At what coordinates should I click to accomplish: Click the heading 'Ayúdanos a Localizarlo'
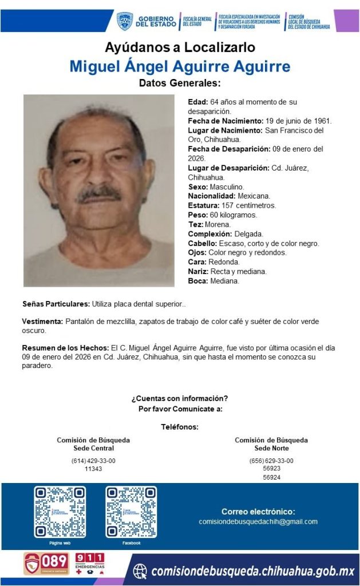180,47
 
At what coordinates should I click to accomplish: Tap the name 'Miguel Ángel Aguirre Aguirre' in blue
180,66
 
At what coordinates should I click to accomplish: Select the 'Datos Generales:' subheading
180,83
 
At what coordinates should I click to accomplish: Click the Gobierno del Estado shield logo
124,21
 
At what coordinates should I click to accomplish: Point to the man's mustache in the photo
99,193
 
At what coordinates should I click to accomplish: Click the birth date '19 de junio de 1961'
298,121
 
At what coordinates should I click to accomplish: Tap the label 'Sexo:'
198,187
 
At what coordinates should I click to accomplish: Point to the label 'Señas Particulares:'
56,303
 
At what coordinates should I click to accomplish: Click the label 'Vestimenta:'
42,322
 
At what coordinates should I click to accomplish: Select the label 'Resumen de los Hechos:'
65,348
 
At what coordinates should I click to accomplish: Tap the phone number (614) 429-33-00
93,461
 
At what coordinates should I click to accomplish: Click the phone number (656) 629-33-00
271,461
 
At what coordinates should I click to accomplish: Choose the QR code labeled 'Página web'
60,512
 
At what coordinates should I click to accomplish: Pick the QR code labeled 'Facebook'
131,512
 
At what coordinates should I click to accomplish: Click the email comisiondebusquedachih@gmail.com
258,521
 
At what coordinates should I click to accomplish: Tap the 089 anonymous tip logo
46,563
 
